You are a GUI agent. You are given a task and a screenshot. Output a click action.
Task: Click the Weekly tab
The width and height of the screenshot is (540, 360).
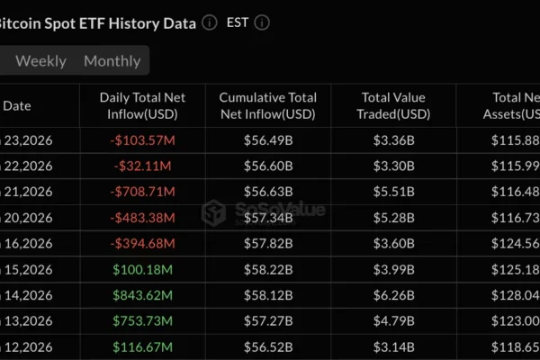(x=40, y=61)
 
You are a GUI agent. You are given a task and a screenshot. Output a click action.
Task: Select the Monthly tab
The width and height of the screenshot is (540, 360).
(x=112, y=61)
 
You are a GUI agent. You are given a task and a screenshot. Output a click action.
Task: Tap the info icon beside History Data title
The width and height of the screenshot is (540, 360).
(x=210, y=22)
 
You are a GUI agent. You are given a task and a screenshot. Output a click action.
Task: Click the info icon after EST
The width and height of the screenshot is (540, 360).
(x=262, y=22)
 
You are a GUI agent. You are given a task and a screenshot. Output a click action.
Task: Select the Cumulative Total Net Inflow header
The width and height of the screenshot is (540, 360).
(x=267, y=105)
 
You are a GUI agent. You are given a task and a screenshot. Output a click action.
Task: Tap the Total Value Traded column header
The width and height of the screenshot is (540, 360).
(x=393, y=105)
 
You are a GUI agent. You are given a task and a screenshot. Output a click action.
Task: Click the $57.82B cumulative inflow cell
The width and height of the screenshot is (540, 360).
(x=267, y=243)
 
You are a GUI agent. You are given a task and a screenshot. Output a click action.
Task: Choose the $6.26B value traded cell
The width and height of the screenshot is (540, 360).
(x=393, y=295)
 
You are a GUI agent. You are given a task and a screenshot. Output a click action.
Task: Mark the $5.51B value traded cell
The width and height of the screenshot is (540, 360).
(x=393, y=191)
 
